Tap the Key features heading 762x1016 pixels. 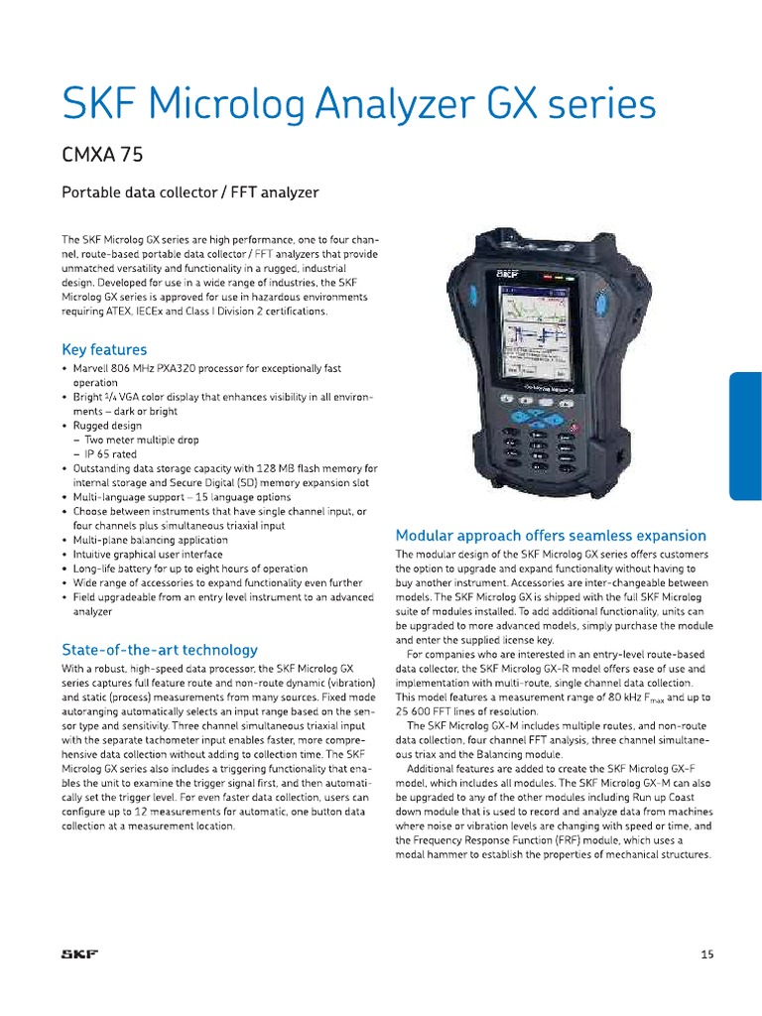click(x=104, y=349)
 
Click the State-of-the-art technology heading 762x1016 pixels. click(x=160, y=650)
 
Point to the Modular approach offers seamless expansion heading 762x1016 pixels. click(x=551, y=535)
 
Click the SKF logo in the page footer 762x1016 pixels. click(x=79, y=954)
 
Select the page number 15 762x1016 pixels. click(x=706, y=954)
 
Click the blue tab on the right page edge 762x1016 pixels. click(x=745, y=437)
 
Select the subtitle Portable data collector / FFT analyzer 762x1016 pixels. click(x=190, y=192)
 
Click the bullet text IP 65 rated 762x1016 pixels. click(x=113, y=453)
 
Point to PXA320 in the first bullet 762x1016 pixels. click(x=173, y=368)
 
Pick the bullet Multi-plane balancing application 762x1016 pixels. click(x=151, y=540)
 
